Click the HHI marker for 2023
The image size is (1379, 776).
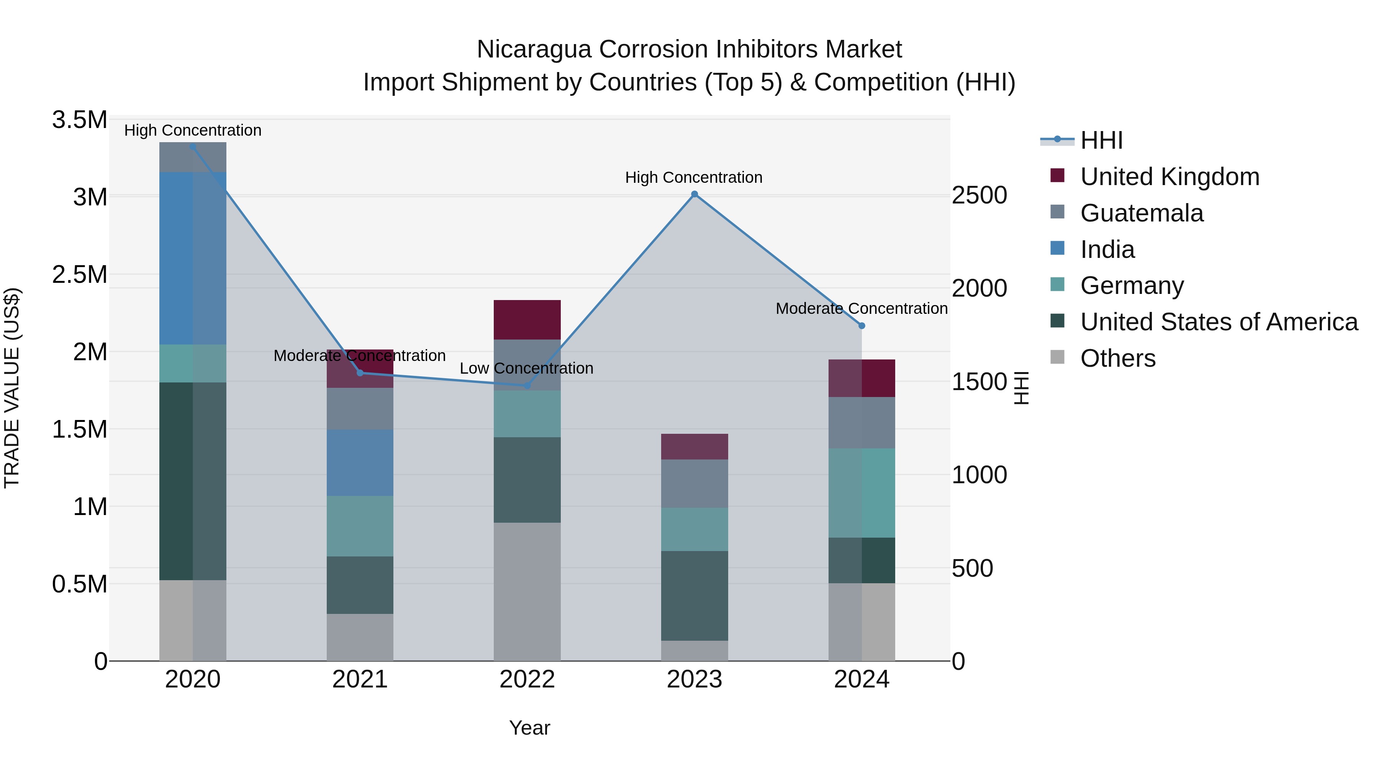[694, 194]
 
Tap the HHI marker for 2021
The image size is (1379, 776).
[360, 373]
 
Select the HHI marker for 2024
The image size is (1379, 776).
[861, 326]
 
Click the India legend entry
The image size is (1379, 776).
[1107, 249]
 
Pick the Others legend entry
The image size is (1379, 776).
[1117, 358]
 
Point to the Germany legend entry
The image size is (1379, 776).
[1131, 285]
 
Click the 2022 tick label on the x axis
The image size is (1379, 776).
[527, 679]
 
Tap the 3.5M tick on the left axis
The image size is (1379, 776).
[80, 120]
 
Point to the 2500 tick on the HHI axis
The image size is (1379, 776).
[979, 195]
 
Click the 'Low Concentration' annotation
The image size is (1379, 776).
[526, 368]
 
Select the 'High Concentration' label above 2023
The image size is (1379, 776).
[694, 177]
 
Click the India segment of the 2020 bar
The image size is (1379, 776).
[193, 258]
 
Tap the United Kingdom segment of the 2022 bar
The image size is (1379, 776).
[527, 320]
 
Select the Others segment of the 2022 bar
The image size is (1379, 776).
[527, 591]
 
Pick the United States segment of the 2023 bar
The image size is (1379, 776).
[694, 596]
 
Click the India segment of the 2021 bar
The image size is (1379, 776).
[360, 462]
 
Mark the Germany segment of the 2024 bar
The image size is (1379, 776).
[861, 493]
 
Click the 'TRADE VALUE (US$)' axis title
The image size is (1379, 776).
[12, 388]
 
